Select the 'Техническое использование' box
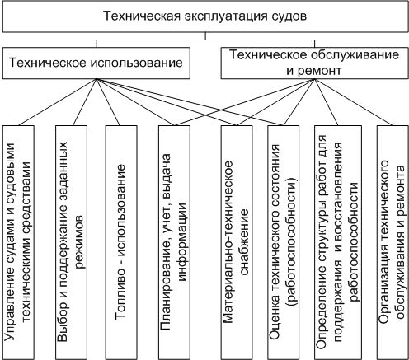[x=97, y=62]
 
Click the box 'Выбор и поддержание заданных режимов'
[x=73, y=241]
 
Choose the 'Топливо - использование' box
[x=122, y=241]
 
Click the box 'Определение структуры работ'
[x=338, y=241]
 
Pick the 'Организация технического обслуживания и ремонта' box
[x=391, y=241]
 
